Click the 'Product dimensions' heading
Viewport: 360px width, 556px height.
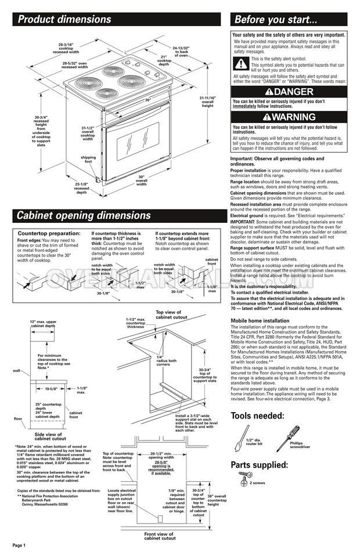(64, 20)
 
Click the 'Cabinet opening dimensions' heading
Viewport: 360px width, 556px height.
(84, 216)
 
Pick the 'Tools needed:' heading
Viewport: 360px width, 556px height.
(257, 416)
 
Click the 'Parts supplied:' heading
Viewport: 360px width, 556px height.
(259, 465)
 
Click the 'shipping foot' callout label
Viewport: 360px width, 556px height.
(88, 159)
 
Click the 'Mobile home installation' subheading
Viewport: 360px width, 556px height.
(260, 320)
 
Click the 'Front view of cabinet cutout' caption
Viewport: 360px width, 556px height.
(159, 536)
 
